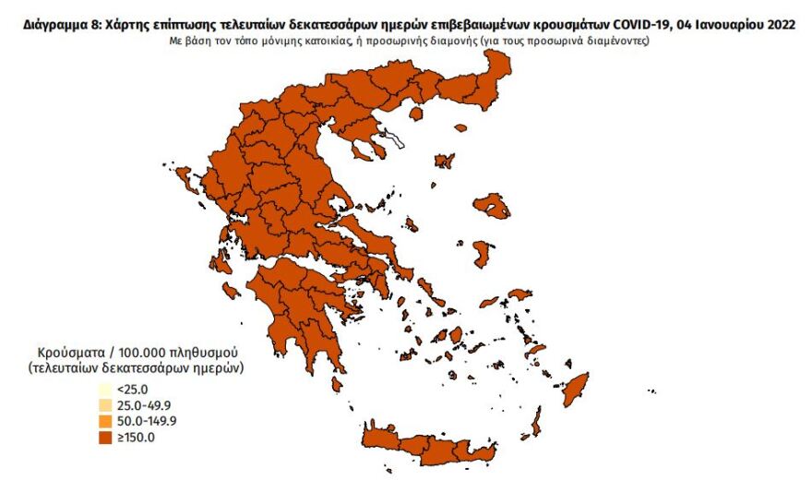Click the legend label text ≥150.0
134,438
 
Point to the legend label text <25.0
132,389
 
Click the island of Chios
482,253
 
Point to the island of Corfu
184,176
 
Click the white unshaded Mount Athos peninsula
395,141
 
